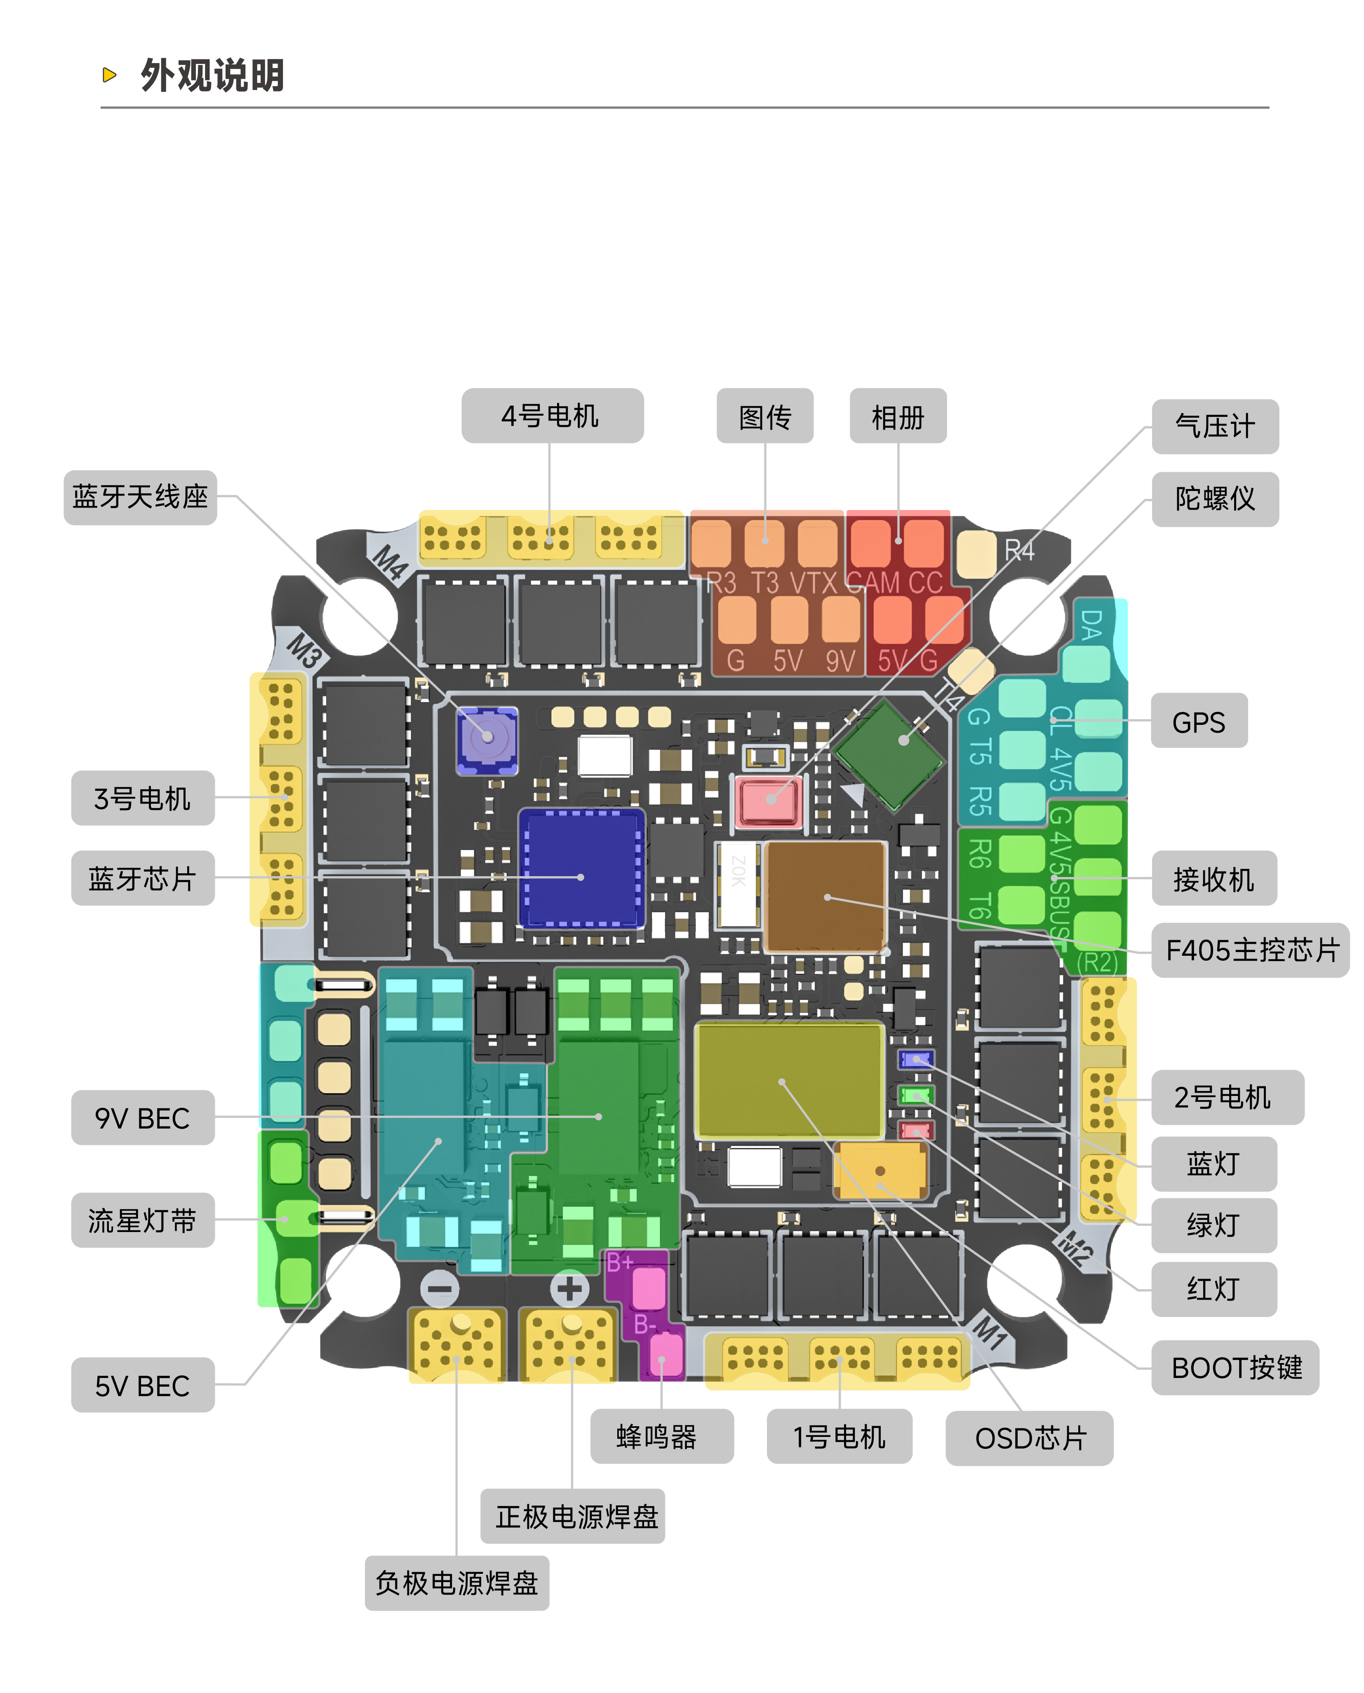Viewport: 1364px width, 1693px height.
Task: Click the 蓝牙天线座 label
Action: point(140,497)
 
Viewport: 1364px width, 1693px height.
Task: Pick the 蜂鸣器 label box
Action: point(661,1436)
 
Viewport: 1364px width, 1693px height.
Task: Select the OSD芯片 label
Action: point(1029,1438)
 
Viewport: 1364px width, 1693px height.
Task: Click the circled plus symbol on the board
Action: point(570,1289)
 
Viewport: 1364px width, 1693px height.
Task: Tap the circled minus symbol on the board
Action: point(440,1289)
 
